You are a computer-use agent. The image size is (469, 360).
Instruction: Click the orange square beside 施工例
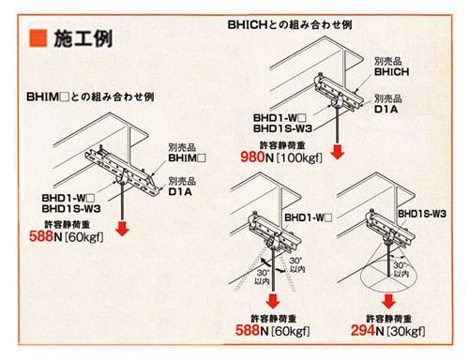pyautogui.click(x=38, y=38)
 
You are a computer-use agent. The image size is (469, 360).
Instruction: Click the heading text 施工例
pyautogui.click(x=83, y=38)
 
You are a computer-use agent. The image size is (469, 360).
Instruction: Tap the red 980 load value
pyautogui.click(x=252, y=157)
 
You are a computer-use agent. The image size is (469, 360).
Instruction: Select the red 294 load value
pyautogui.click(x=363, y=330)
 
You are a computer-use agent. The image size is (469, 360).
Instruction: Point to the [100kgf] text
pyautogui.click(x=299, y=157)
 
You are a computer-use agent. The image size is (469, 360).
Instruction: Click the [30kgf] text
pyautogui.click(x=406, y=331)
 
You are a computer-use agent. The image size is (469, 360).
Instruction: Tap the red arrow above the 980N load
pyautogui.click(x=338, y=152)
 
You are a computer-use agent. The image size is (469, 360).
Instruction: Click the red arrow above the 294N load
pyautogui.click(x=388, y=302)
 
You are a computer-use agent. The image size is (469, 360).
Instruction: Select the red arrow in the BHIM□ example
pyautogui.click(x=122, y=229)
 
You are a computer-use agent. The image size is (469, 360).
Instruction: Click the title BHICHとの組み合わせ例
pyautogui.click(x=290, y=24)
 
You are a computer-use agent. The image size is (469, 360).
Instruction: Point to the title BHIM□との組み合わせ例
pyautogui.click(x=90, y=97)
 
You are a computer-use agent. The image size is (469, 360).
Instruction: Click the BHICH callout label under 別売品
pyautogui.click(x=391, y=72)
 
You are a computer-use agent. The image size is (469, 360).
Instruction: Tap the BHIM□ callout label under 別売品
pyautogui.click(x=187, y=157)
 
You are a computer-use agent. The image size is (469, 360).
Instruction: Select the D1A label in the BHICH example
pyautogui.click(x=386, y=110)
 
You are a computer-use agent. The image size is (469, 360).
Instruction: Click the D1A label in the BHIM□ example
pyautogui.click(x=180, y=191)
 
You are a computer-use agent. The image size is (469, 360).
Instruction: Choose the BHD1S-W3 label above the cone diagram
pyautogui.click(x=422, y=214)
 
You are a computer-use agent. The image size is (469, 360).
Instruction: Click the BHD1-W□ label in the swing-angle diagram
pyautogui.click(x=308, y=217)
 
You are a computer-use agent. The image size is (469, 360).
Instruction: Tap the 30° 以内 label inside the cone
pyautogui.click(x=401, y=270)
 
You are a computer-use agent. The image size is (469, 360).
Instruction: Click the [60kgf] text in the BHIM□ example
pyautogui.click(x=84, y=237)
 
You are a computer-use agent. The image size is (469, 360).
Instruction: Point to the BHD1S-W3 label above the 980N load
pyautogui.click(x=282, y=128)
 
